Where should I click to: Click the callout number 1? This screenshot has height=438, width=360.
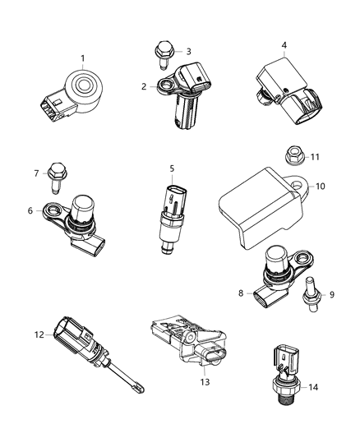click(x=82, y=58)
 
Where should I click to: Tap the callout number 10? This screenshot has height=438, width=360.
click(x=321, y=187)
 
